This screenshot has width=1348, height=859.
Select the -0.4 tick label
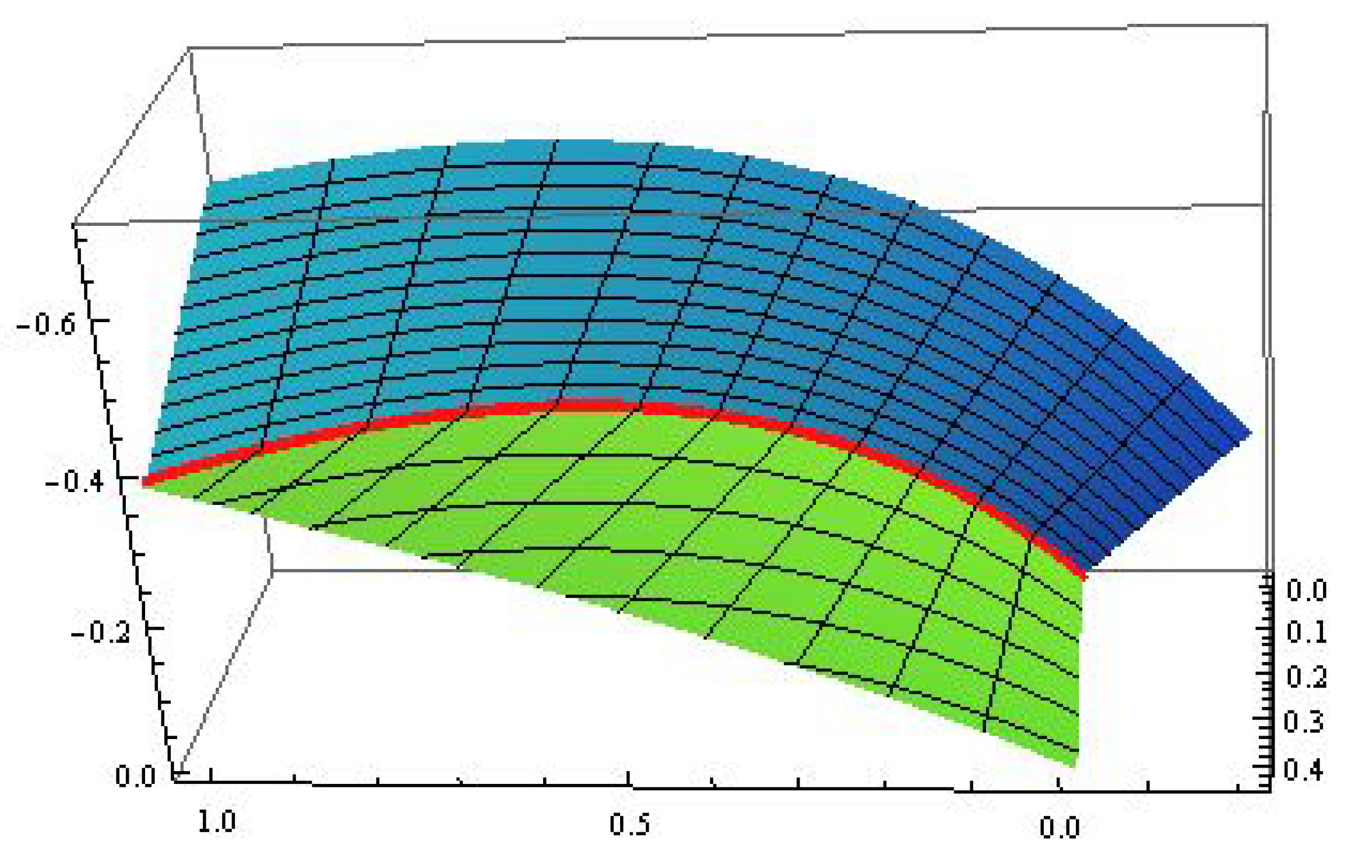[x=75, y=482]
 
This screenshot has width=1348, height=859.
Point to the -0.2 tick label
[x=101, y=633]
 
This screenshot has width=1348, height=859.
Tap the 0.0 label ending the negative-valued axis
[x=135, y=777]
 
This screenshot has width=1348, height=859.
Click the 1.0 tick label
[x=217, y=822]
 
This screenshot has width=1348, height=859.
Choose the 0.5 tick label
[x=629, y=825]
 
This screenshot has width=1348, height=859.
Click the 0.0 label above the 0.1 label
[x=1307, y=591]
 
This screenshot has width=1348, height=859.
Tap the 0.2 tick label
[x=1307, y=677]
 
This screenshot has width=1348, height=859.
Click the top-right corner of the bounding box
[x=1267, y=24]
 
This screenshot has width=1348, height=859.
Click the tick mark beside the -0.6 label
[x=100, y=321]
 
